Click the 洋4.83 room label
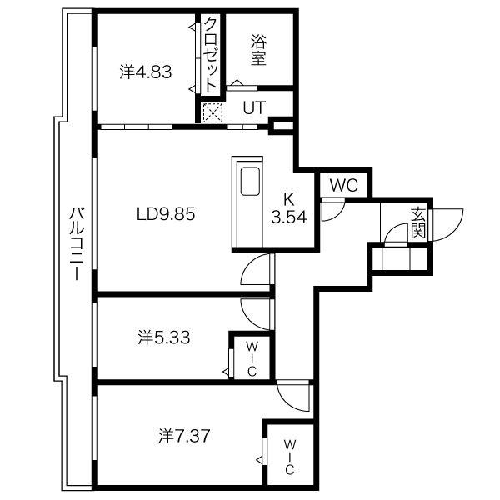click(146, 72)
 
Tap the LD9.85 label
click(166, 214)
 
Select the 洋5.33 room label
click(164, 337)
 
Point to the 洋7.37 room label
click(184, 436)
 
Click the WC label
click(344, 185)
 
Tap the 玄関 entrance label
click(418, 222)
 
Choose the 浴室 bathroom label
click(258, 49)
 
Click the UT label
click(254, 107)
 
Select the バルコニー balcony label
click(77, 243)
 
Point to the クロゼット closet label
click(210, 54)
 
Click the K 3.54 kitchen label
click(289, 208)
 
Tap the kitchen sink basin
click(250, 181)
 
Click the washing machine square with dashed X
click(213, 112)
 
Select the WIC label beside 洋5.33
click(252, 358)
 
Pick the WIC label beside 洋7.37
click(289, 457)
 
